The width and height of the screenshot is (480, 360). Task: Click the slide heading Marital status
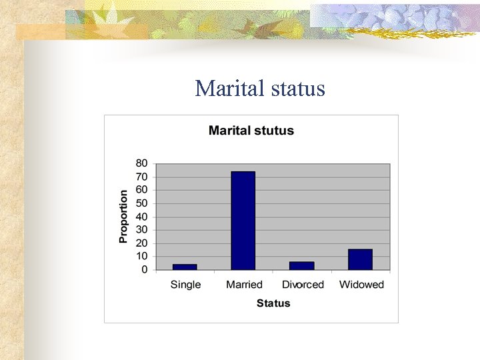(x=260, y=88)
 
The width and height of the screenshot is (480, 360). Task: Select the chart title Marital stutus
(x=251, y=131)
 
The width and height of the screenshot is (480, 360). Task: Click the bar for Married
(x=243, y=221)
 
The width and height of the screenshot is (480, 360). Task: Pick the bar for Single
(x=185, y=267)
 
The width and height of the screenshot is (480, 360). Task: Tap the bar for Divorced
(x=301, y=265)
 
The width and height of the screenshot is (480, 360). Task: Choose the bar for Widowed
(x=360, y=259)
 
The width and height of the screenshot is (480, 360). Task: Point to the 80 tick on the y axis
(x=142, y=163)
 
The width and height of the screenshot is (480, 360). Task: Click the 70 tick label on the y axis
(x=142, y=177)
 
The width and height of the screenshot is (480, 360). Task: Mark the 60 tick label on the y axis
(x=142, y=190)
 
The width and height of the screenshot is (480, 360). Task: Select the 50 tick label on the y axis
(x=142, y=203)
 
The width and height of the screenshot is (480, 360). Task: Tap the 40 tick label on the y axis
(x=142, y=217)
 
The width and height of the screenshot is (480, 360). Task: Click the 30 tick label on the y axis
(x=142, y=230)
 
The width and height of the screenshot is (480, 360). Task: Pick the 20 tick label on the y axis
(x=142, y=243)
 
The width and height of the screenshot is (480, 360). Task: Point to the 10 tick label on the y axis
(x=142, y=257)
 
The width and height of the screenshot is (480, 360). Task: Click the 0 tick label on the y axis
(x=145, y=270)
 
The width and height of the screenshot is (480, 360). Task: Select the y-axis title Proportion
(x=123, y=217)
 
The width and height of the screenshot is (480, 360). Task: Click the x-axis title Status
(x=273, y=303)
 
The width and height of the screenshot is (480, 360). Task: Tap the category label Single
(x=185, y=285)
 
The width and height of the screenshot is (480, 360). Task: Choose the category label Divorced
(x=303, y=285)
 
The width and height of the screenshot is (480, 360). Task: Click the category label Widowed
(x=361, y=285)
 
